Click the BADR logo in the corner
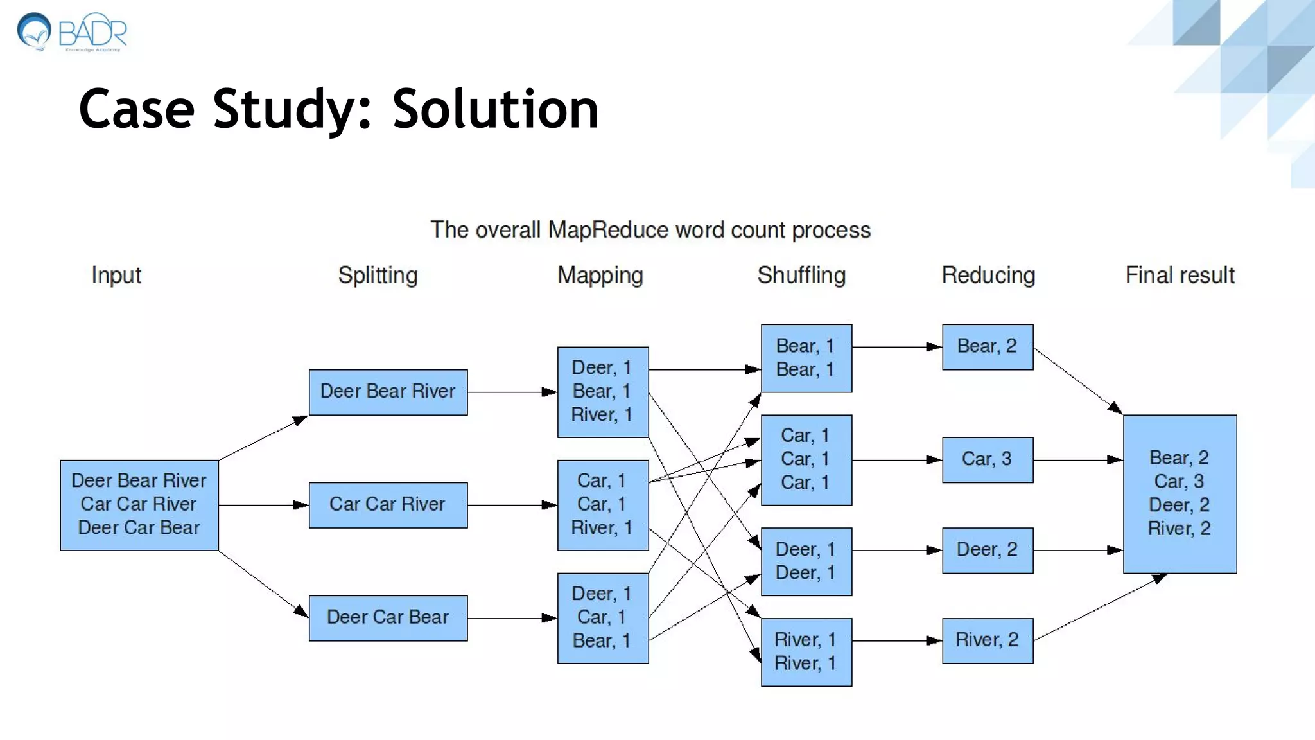click(72, 32)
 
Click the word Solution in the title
click(495, 109)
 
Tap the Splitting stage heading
click(378, 275)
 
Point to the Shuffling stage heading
click(801, 275)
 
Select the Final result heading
click(1179, 275)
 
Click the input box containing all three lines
click(139, 504)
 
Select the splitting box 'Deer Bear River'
click(388, 392)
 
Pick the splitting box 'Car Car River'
click(388, 505)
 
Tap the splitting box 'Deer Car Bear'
click(388, 618)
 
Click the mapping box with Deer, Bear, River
click(602, 392)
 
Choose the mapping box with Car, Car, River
click(602, 505)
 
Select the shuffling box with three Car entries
click(806, 459)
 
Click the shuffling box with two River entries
click(806, 651)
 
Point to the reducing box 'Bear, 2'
click(987, 347)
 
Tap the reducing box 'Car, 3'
click(987, 459)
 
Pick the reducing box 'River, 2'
click(987, 640)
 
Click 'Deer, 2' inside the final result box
click(1179, 505)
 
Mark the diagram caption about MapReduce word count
click(650, 230)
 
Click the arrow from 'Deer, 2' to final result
click(1077, 551)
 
